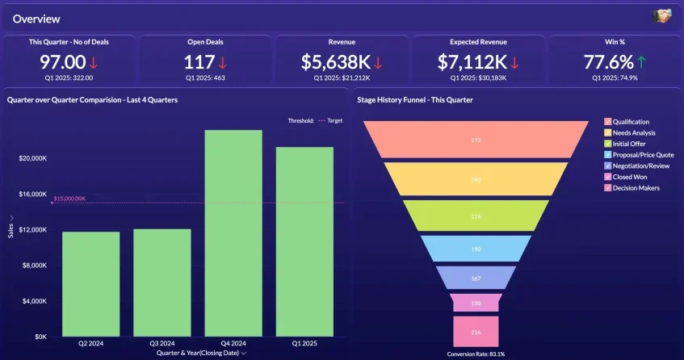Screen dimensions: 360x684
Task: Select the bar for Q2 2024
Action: tap(90, 283)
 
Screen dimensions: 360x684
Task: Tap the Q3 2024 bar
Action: tap(162, 283)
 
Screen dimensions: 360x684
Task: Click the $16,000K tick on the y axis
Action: tap(34, 194)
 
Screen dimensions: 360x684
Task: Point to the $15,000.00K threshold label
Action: tap(69, 199)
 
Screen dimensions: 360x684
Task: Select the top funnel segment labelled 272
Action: tap(476, 140)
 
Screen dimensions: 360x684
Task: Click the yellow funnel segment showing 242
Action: tap(476, 179)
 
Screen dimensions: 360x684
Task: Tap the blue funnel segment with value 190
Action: tap(476, 249)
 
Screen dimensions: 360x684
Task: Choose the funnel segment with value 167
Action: tap(476, 278)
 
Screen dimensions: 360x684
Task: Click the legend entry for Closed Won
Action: tap(631, 177)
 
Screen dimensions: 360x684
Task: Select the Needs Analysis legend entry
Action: tap(633, 132)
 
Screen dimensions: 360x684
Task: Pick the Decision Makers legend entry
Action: tap(636, 188)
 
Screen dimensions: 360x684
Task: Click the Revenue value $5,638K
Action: tap(336, 62)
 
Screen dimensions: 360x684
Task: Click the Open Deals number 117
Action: tap(198, 62)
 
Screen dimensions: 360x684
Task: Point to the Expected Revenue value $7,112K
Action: tap(472, 62)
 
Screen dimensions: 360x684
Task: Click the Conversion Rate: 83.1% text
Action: tap(476, 354)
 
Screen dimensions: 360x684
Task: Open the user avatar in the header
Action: tap(661, 17)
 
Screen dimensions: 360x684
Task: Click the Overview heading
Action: tap(36, 19)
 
